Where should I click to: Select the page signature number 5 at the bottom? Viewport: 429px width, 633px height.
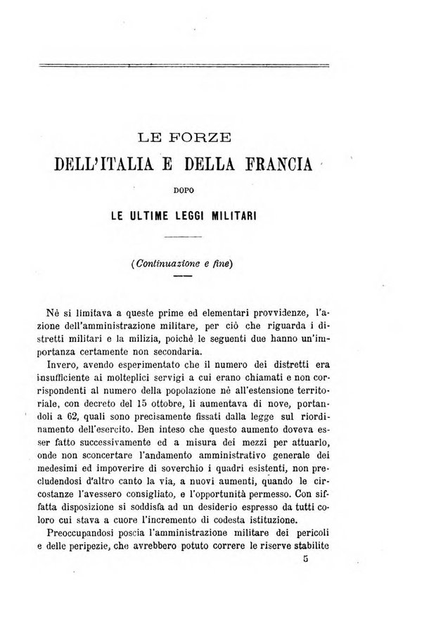coord(307,559)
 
